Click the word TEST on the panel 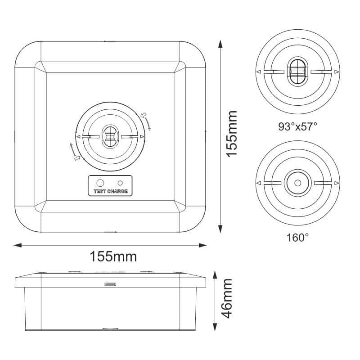pos(100,191)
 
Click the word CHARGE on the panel pos(117,191)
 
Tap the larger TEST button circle pos(100,183)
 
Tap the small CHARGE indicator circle pos(120,183)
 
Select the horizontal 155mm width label pos(113,256)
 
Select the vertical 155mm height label pos(232,134)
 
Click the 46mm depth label pos(227,298)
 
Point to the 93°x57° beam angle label pos(297,126)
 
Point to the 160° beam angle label pos(297,238)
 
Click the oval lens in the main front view pos(110,136)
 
